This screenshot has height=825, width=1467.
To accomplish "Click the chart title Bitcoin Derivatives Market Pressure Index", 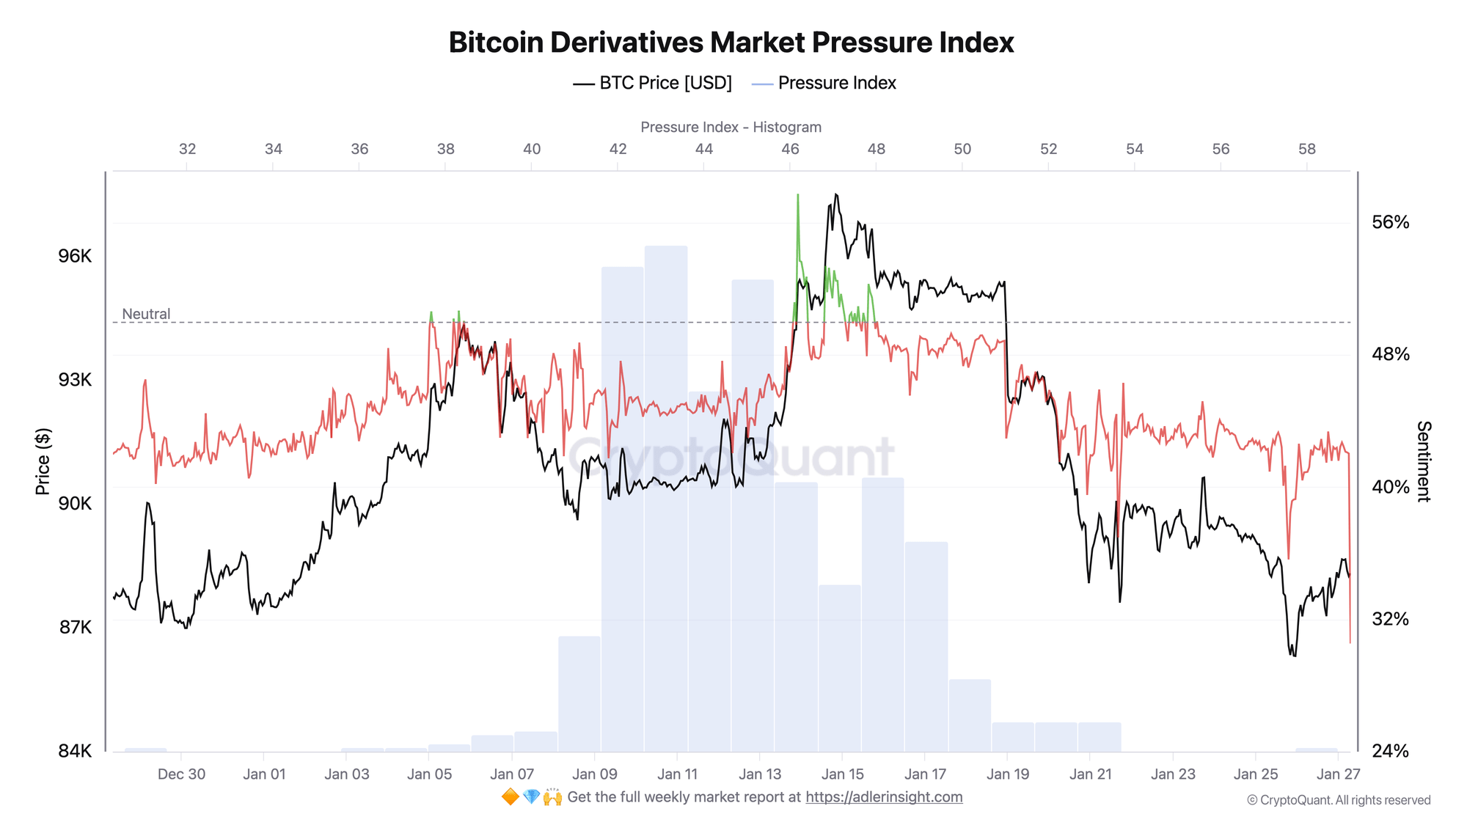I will [x=731, y=43].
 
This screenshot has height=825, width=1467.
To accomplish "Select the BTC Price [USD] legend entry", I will [x=653, y=83].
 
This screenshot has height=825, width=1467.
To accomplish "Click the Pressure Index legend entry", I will [x=824, y=83].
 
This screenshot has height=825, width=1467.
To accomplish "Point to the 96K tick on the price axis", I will [x=76, y=256].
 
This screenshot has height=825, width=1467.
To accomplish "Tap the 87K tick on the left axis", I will [x=76, y=627].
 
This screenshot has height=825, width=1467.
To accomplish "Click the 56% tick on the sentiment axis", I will [x=1390, y=222].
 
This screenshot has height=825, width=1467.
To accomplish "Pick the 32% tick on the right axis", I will [x=1390, y=619].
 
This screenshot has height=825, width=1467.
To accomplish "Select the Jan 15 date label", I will [x=843, y=774].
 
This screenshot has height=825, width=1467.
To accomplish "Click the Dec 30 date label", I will [x=181, y=774].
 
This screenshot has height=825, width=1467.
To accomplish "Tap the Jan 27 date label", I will [x=1338, y=774].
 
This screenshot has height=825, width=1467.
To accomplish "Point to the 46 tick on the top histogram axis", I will [x=790, y=149].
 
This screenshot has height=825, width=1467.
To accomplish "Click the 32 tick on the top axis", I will [x=188, y=149].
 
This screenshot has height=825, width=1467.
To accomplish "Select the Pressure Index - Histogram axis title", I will [x=731, y=127].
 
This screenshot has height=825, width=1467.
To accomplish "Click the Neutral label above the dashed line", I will [x=146, y=314].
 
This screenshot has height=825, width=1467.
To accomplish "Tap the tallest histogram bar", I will [x=666, y=499].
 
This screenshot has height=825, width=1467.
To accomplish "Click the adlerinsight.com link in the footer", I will [x=884, y=797].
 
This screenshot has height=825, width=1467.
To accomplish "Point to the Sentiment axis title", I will [x=1423, y=461].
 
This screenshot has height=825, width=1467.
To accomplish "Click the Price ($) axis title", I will [x=43, y=461].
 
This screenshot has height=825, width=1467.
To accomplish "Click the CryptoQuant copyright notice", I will [x=1339, y=800].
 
